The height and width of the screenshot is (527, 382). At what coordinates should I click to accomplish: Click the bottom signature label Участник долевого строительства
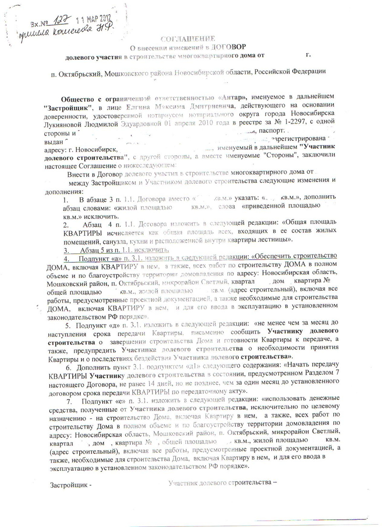point(221,482)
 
